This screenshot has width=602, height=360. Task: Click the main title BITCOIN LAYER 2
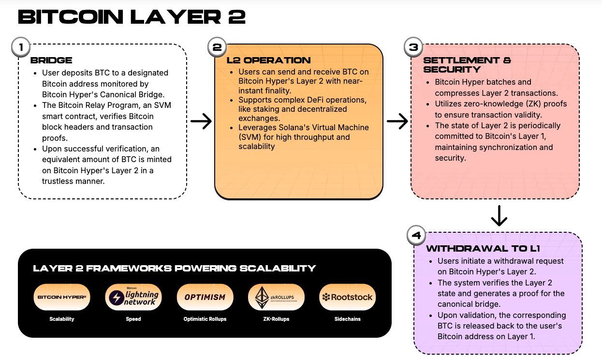pyautogui.click(x=132, y=17)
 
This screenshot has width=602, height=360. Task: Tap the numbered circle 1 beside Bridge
pyautogui.click(x=20, y=47)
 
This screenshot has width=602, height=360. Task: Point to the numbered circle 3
pyautogui.click(x=413, y=47)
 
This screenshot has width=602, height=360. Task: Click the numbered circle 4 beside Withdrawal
pyautogui.click(x=416, y=236)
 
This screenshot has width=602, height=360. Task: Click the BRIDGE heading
pyautogui.click(x=51, y=60)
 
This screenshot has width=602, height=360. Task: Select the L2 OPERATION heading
pyautogui.click(x=268, y=60)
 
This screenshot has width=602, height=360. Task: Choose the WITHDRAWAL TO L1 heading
pyautogui.click(x=483, y=249)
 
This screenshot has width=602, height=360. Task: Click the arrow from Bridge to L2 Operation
pyautogui.click(x=201, y=121)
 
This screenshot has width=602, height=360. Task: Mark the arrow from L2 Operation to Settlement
pyautogui.click(x=397, y=121)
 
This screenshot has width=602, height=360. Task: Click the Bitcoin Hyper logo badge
pyautogui.click(x=62, y=297)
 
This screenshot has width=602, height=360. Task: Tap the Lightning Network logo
pyautogui.click(x=133, y=297)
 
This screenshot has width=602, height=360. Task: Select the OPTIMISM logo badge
pyautogui.click(x=205, y=297)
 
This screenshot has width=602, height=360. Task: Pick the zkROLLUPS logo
pyautogui.click(x=276, y=297)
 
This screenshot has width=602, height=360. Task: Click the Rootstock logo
pyautogui.click(x=348, y=297)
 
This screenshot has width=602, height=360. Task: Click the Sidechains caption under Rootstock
pyautogui.click(x=348, y=319)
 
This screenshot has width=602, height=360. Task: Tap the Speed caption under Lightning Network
pyautogui.click(x=133, y=319)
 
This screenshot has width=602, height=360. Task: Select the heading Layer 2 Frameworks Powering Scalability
pyautogui.click(x=174, y=268)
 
